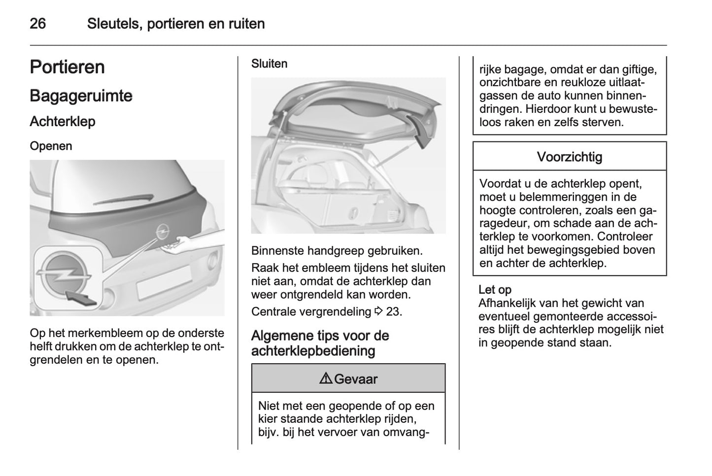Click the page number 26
(38, 24)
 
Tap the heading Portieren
(67, 67)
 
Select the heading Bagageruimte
(81, 96)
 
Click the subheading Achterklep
(63, 121)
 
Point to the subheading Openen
(51, 146)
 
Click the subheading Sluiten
(269, 64)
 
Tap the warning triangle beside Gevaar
(326, 379)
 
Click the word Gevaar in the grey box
(355, 379)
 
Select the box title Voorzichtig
(569, 157)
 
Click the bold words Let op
(495, 290)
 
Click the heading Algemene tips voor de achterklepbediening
(320, 343)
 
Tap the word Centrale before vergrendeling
(273, 311)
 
